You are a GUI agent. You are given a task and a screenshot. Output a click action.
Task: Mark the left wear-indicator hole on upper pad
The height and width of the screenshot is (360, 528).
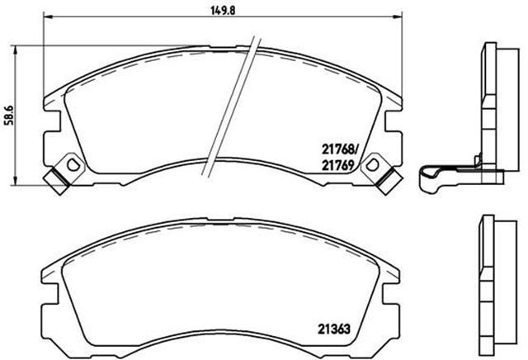[72, 164]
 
